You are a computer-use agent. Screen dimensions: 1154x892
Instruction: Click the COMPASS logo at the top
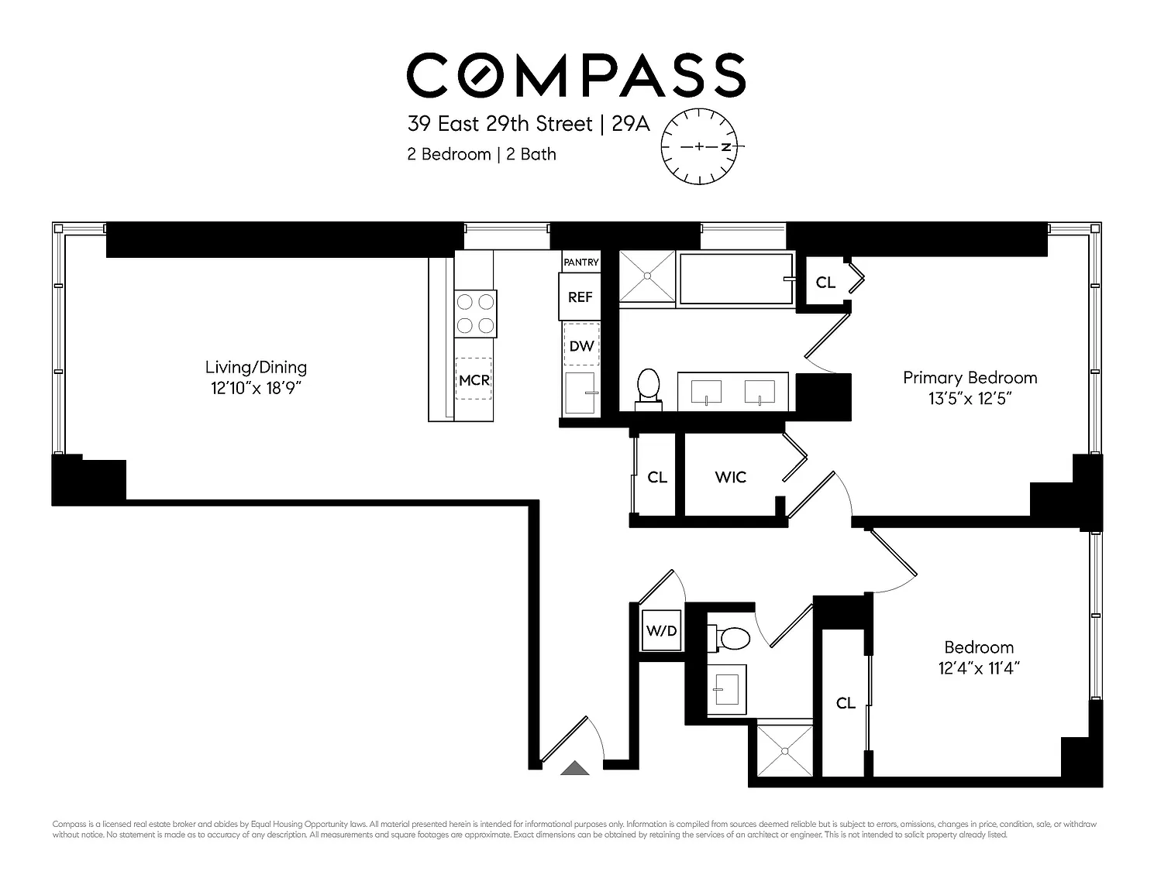tap(576, 75)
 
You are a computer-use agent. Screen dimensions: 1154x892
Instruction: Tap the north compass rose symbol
tap(700, 147)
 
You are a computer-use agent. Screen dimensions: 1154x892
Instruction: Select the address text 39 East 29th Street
tap(500, 124)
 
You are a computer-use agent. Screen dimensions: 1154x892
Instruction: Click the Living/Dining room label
tap(256, 367)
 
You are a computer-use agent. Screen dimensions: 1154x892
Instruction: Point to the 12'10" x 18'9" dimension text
tap(256, 388)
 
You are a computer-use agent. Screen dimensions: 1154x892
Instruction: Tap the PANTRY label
tap(581, 262)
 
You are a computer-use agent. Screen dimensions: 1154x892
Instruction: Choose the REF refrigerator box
tap(580, 297)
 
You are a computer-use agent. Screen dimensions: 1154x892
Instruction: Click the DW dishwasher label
tap(581, 346)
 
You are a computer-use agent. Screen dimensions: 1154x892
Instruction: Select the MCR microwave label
tap(474, 380)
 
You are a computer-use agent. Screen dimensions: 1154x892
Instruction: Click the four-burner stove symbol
tap(475, 314)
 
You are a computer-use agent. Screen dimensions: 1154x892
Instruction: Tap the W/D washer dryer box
tap(661, 630)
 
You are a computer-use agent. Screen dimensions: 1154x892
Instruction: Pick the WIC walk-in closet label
tap(731, 477)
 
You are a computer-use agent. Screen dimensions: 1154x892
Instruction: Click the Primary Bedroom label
tap(970, 378)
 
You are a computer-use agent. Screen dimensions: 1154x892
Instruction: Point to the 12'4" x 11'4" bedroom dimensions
tap(979, 668)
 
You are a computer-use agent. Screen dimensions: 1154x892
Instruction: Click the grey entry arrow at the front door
tap(575, 768)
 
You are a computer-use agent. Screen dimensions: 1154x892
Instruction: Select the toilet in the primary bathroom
tap(649, 389)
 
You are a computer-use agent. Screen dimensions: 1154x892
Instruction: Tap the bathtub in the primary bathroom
tap(736, 279)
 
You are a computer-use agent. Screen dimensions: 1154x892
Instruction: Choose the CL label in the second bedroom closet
tap(846, 703)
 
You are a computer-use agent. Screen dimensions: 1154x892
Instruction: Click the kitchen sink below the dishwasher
tap(580, 393)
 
